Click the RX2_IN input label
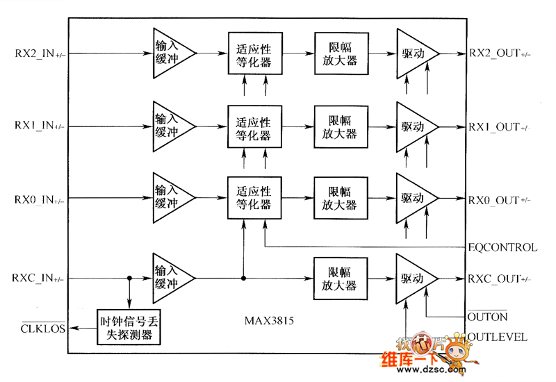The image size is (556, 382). [x=39, y=52]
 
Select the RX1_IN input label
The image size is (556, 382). [x=39, y=126]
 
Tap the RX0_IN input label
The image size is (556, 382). [x=39, y=200]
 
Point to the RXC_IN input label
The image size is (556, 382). [x=39, y=279]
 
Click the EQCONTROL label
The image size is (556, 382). [x=502, y=247]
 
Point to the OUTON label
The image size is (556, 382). [x=487, y=317]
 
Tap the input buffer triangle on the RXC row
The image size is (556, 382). [x=170, y=278]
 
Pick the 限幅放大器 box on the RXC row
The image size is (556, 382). [x=336, y=278]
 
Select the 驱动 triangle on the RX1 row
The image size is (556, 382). [x=414, y=126]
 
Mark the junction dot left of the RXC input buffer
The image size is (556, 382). [x=129, y=278]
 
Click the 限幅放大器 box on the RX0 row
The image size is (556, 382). [x=336, y=200]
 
